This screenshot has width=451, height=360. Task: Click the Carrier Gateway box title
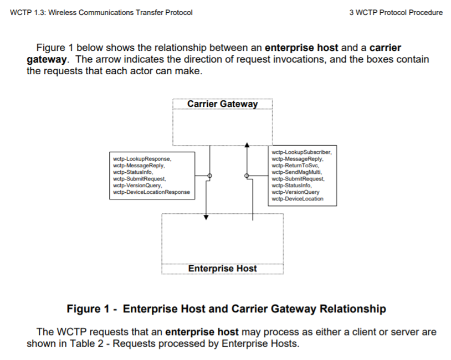(222, 104)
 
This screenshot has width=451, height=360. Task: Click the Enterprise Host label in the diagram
(222, 269)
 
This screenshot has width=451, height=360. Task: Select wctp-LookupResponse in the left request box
(141, 159)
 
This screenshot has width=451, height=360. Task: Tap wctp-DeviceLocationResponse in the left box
(151, 192)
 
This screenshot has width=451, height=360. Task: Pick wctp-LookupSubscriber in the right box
(301, 152)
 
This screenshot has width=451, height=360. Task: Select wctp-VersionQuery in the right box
(295, 192)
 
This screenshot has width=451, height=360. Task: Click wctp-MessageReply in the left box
(138, 166)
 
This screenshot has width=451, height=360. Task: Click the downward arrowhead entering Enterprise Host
(207, 217)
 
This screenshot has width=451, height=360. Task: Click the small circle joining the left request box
(209, 176)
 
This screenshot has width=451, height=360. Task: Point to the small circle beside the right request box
(247, 176)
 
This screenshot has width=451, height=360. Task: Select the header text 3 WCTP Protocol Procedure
(396, 13)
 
